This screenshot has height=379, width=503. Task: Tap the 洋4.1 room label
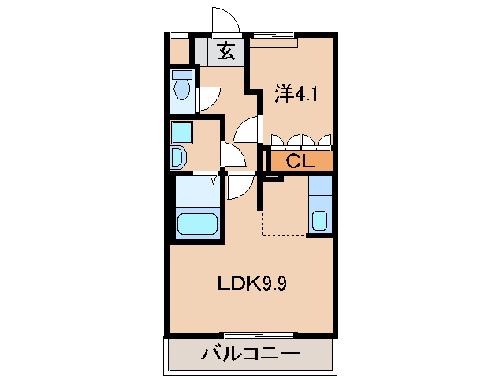coord(296,95)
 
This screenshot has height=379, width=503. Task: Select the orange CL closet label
coord(300,162)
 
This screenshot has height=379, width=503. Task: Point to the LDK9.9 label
coord(251,283)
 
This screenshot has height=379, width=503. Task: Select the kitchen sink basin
coord(319,220)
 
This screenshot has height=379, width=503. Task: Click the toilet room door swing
coord(208,98)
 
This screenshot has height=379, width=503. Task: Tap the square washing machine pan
coord(182,131)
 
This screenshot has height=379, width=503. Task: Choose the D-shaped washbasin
coord(177,157)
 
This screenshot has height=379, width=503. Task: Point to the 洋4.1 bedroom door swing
coord(249,128)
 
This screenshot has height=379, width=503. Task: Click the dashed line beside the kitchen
coord(282,235)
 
